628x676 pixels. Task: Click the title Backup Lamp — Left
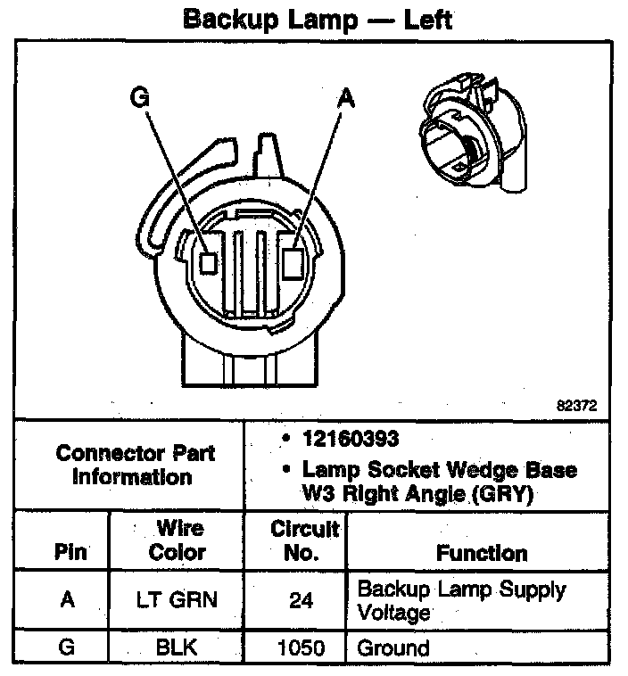pos(317,20)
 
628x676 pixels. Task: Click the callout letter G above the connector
pos(139,97)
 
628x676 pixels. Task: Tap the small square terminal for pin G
pos(209,262)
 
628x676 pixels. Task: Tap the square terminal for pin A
pos(293,262)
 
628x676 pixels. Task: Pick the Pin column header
pos(70,552)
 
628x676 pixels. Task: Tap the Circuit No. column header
pos(304,540)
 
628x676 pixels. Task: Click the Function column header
pos(481,553)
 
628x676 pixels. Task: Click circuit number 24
pos(302,601)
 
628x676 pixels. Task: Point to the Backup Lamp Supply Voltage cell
pos(460,600)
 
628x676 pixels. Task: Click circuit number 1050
pos(302,648)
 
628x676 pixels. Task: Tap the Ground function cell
pos(393,648)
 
